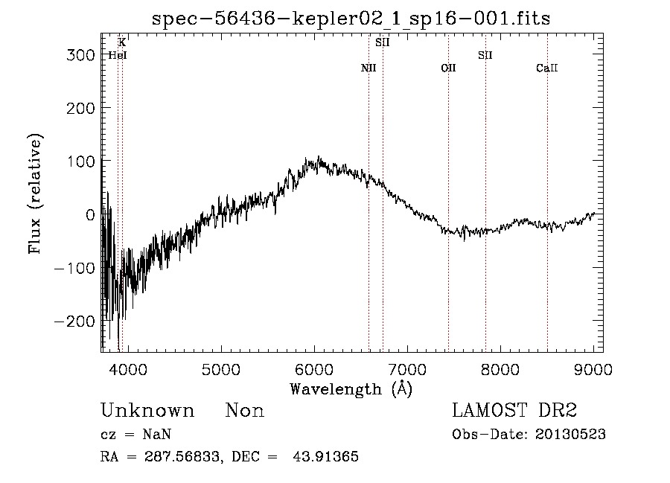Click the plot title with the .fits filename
pyautogui.click(x=351, y=19)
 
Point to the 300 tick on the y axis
pyautogui.click(x=77, y=55)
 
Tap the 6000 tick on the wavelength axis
pyautogui.click(x=314, y=370)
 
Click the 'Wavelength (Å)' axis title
pyautogui.click(x=351, y=388)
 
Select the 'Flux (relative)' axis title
pyautogui.click(x=36, y=193)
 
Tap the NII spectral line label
pyautogui.click(x=368, y=68)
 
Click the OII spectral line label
pyautogui.click(x=448, y=68)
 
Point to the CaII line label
pyautogui.click(x=547, y=68)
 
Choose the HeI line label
pyautogui.click(x=117, y=55)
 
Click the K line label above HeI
pyautogui.click(x=121, y=43)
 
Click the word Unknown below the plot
pyautogui.click(x=147, y=411)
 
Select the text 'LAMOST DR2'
pyautogui.click(x=514, y=411)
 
